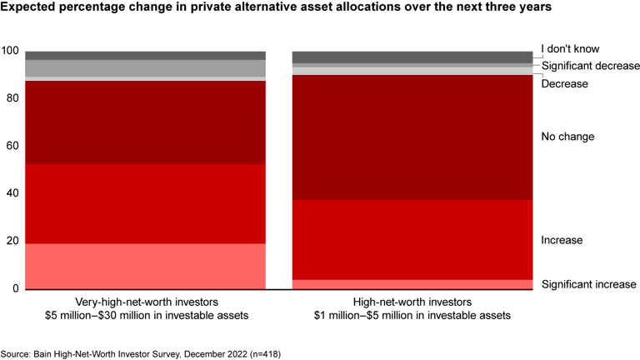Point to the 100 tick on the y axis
point(9,51)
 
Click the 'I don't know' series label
point(570,49)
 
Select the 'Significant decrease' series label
point(590,66)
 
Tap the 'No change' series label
point(567,136)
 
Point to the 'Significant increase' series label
point(588,284)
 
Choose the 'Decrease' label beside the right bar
point(564,84)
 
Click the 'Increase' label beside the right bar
point(562,240)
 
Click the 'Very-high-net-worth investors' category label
point(145,302)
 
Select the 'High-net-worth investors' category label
point(412,302)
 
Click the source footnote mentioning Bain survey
point(141,353)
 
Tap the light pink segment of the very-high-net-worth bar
point(145,266)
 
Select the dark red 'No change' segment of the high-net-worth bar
point(412,137)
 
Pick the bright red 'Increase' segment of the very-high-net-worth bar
point(145,203)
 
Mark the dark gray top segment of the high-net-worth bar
point(412,57)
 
